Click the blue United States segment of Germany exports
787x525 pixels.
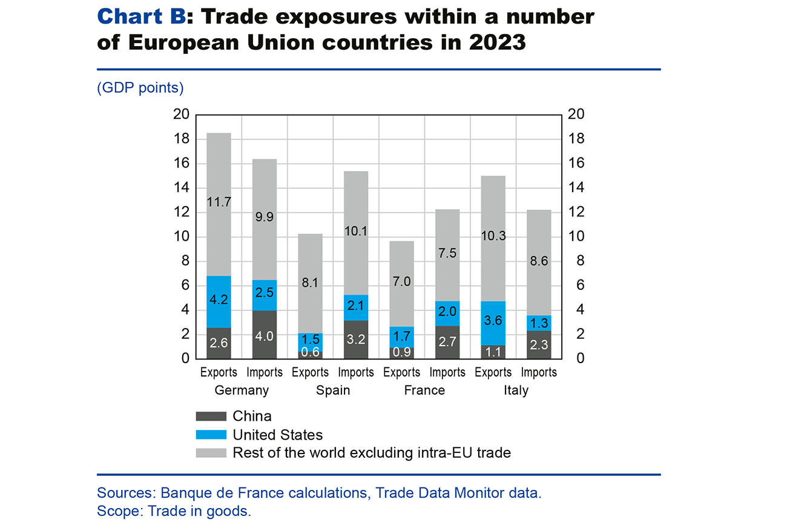(x=219, y=301)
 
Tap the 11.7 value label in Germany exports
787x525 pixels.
(x=219, y=202)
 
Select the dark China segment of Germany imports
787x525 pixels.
(x=265, y=335)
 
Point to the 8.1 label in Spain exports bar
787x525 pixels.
(x=310, y=282)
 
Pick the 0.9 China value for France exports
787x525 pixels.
(x=402, y=352)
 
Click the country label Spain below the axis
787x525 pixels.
(x=333, y=390)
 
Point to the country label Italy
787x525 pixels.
(x=516, y=390)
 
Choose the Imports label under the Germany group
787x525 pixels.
(x=265, y=372)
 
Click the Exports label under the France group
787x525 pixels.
(x=402, y=372)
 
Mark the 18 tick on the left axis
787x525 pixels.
(x=181, y=139)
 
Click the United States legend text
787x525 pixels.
(x=277, y=435)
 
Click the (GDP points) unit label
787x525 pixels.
(x=140, y=88)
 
